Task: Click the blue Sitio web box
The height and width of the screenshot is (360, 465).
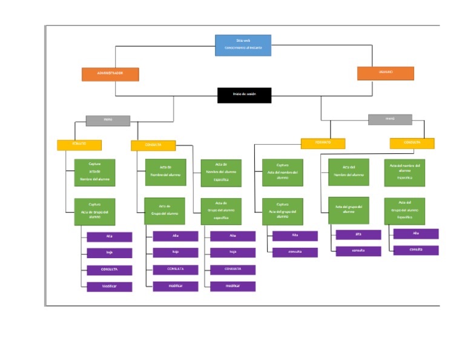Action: pyautogui.click(x=243, y=45)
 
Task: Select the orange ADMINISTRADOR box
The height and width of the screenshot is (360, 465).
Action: pyautogui.click(x=110, y=74)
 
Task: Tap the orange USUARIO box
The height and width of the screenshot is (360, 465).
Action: pyautogui.click(x=385, y=73)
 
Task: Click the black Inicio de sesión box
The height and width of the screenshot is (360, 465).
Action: pyautogui.click(x=244, y=95)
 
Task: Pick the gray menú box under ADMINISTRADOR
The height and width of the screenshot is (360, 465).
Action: pyautogui.click(x=108, y=120)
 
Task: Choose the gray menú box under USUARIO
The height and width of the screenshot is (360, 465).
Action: pyautogui.click(x=390, y=119)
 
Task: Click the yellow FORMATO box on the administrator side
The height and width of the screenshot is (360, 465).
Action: pyautogui.click(x=79, y=145)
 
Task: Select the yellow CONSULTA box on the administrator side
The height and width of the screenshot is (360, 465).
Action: pyautogui.click(x=153, y=145)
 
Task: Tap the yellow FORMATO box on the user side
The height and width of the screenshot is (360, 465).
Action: pyautogui.click(x=323, y=144)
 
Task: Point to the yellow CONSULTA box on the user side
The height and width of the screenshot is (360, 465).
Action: pyautogui.click(x=412, y=144)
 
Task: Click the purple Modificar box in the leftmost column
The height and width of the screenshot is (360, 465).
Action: pyautogui.click(x=109, y=287)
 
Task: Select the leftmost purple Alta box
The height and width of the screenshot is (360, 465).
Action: pyautogui.click(x=109, y=236)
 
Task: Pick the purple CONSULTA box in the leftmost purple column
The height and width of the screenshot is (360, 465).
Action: pyautogui.click(x=109, y=270)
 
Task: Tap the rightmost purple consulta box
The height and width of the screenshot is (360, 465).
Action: pyautogui.click(x=415, y=250)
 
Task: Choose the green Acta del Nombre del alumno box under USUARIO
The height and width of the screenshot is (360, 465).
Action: pyautogui.click(x=348, y=172)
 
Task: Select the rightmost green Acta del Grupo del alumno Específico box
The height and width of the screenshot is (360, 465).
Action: pyautogui.click(x=404, y=211)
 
